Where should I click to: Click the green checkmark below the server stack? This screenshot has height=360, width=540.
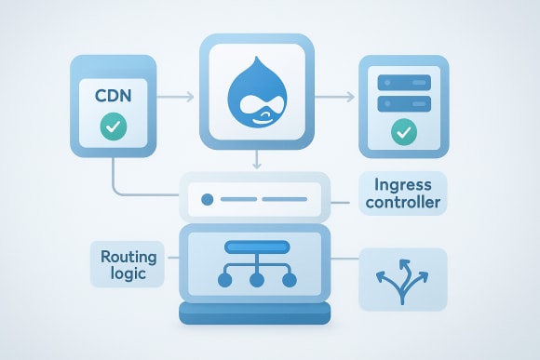pyautogui.click(x=403, y=132)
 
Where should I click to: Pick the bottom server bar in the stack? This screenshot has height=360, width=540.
pyautogui.click(x=403, y=103)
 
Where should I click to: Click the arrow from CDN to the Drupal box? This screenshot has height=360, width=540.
pyautogui.click(x=179, y=96)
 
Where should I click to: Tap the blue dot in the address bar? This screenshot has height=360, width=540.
pyautogui.click(x=207, y=199)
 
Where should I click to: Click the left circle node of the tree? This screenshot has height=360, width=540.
pyautogui.click(x=223, y=279)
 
